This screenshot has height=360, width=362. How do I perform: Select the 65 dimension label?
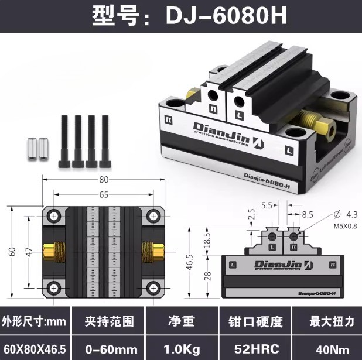pos(103,194)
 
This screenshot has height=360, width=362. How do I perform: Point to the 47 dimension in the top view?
pos(28,252)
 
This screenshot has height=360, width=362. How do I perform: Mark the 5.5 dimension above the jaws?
pos(267,206)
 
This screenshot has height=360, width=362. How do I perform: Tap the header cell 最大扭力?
pos(327,321)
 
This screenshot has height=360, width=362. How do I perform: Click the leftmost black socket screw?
pos(64,140)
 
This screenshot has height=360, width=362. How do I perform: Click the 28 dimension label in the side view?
pos(207,276)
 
